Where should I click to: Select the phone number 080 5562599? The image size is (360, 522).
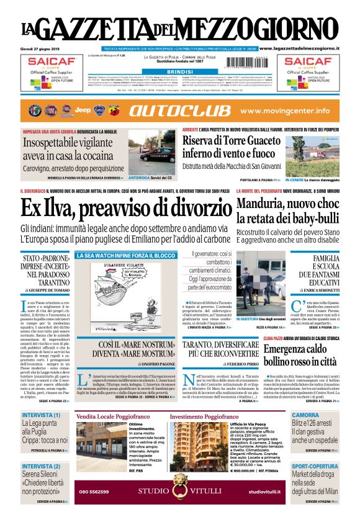(94, 492)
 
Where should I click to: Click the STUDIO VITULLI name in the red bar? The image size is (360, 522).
(162, 492)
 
